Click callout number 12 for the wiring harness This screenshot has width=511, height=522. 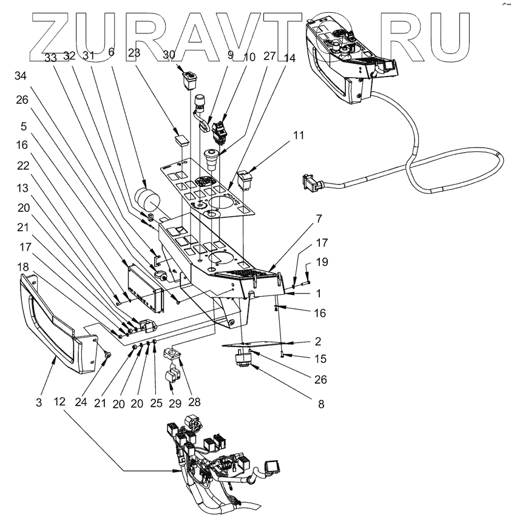click(59, 402)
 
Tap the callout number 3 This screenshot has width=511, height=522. click(38, 402)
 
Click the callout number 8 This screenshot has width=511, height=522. click(319, 403)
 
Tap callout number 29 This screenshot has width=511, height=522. click(176, 402)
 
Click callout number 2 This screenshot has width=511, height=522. click(317, 341)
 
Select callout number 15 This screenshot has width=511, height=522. click(320, 359)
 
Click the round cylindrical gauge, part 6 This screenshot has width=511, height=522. click(145, 198)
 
